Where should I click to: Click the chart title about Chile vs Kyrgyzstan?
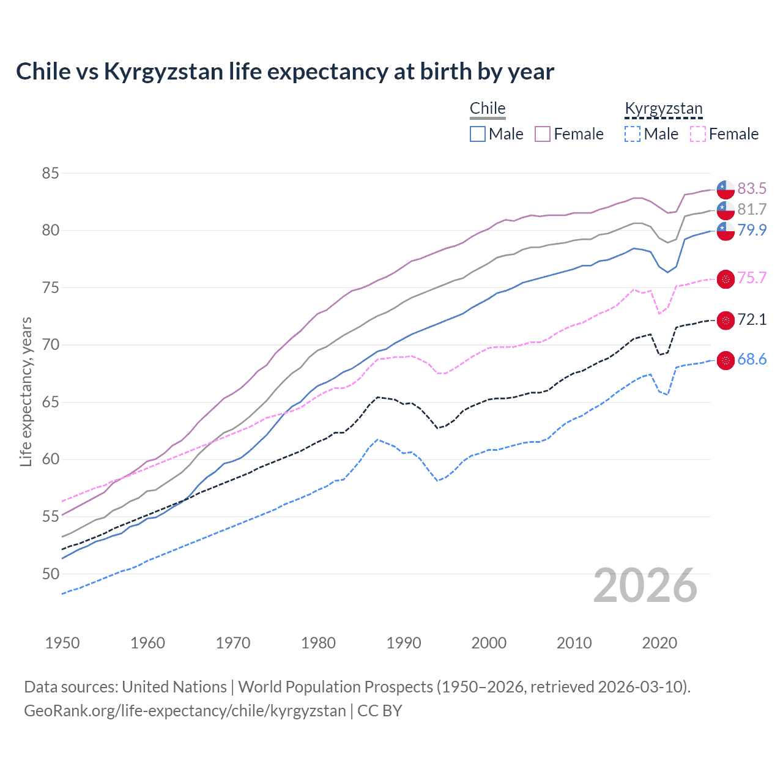285,72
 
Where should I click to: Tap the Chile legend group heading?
488,108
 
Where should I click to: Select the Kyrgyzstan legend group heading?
664,108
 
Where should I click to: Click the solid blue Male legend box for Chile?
478,134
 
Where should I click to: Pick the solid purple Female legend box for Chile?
543,134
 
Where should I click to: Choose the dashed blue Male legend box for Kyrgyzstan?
633,134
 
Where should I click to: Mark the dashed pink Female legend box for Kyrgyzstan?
698,134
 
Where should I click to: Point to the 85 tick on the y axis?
50,173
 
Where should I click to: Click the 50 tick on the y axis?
50,574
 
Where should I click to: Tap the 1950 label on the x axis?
62,643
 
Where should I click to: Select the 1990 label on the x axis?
404,643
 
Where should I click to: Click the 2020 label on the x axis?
659,643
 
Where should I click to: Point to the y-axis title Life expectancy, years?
26,391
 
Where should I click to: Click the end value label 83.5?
752,188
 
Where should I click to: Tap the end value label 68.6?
752,360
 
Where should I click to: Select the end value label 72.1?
752,320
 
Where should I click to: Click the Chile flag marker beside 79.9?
725,231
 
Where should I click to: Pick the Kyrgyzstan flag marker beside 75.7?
725,279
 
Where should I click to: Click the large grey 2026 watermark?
645,585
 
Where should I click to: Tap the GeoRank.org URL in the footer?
185,711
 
